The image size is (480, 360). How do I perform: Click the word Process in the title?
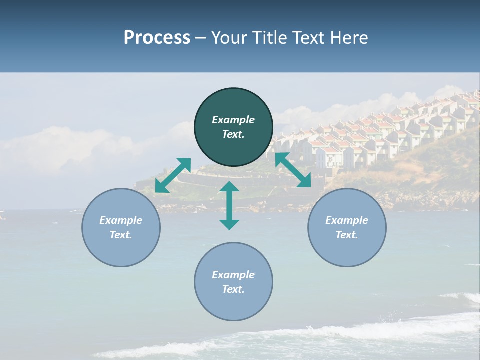[x=157, y=38]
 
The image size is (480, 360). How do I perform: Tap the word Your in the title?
[x=228, y=38]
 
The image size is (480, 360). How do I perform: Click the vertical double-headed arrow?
[x=229, y=205]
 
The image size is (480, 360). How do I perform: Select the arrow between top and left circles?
[x=173, y=175]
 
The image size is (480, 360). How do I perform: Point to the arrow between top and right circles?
[x=293, y=170]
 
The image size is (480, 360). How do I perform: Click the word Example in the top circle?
[x=233, y=120]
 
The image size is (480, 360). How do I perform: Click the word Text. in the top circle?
[x=233, y=134]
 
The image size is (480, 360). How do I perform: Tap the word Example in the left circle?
[x=121, y=220]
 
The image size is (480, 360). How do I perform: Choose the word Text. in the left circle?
[x=121, y=235]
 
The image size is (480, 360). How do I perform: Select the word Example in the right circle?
[x=347, y=220]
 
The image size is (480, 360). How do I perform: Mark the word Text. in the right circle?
[x=347, y=235]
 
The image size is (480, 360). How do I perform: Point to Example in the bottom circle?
[x=233, y=275]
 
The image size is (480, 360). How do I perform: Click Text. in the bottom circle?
[x=233, y=289]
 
